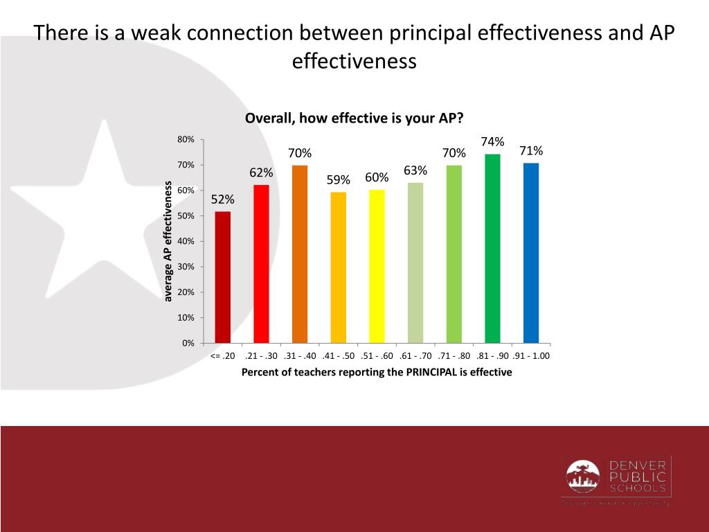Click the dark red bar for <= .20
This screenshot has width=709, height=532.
[x=223, y=277]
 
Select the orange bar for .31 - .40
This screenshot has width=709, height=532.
[x=300, y=254]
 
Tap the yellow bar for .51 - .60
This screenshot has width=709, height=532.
[x=377, y=266]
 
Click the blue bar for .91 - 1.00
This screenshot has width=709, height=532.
[x=531, y=253]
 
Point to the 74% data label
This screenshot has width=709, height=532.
[x=492, y=142]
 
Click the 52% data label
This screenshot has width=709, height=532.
[x=223, y=199]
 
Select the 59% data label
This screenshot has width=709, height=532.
[x=339, y=180]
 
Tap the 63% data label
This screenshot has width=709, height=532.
[x=415, y=170]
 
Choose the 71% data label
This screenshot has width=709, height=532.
[x=531, y=151]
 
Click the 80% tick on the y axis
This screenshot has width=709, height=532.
[x=186, y=140]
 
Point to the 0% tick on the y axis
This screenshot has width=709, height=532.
[x=188, y=344]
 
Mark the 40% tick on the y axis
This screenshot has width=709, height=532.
[x=186, y=242]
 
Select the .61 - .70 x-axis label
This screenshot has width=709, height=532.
[x=415, y=356]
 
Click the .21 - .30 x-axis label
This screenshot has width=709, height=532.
[x=261, y=356]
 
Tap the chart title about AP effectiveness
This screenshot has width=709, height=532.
[x=354, y=118]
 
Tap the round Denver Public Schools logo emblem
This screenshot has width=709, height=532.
[x=583, y=477]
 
